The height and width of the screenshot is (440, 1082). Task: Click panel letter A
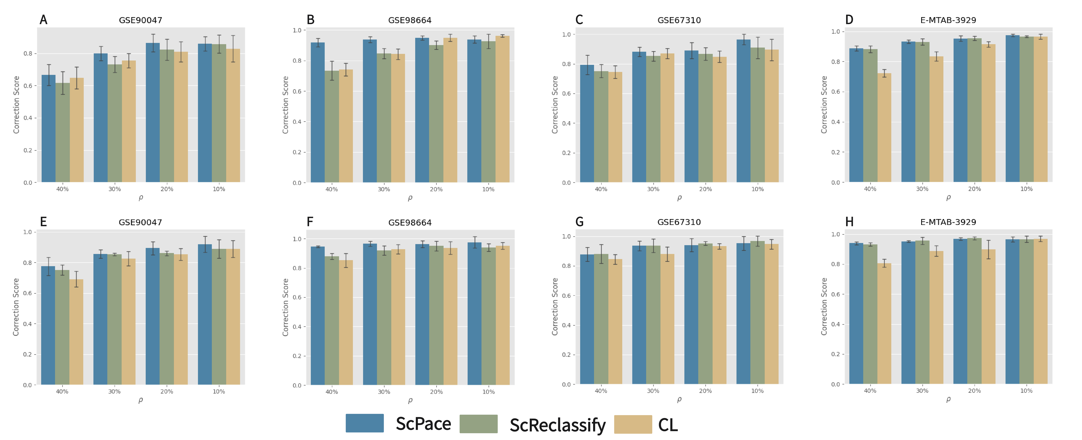tap(43, 20)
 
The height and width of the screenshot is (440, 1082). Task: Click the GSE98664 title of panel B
tap(409, 20)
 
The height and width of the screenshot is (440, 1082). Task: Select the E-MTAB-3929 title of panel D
tap(948, 20)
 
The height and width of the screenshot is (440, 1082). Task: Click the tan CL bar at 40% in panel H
tap(884, 324)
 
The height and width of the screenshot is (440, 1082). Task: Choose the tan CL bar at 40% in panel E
tap(76, 332)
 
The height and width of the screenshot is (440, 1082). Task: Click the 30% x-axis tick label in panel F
tap(384, 392)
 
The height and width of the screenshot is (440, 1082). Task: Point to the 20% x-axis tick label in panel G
tap(705, 391)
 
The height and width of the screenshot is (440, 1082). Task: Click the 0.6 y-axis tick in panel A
tap(28, 86)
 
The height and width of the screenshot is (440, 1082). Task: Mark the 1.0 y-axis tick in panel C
tap(566, 34)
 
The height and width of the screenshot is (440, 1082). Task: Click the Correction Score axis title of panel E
tap(16, 307)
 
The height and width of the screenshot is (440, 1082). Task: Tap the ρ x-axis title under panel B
tap(410, 198)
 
